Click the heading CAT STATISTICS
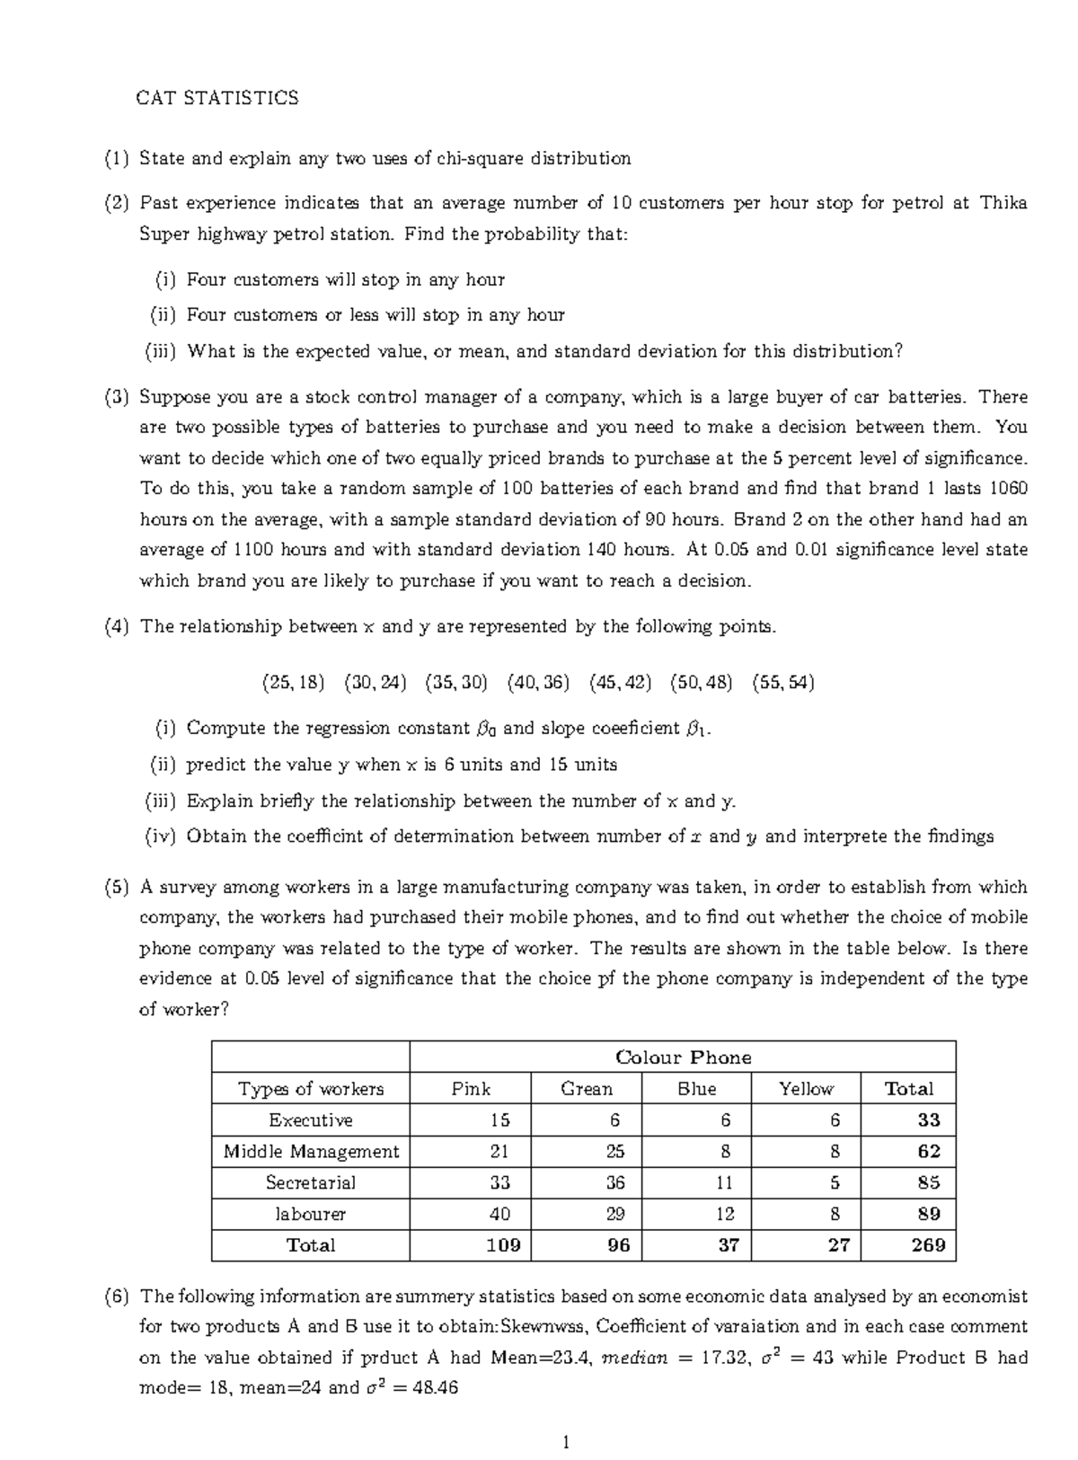(216, 98)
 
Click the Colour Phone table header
(683, 1057)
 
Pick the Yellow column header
(806, 1089)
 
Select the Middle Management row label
(311, 1152)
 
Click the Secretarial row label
(311, 1183)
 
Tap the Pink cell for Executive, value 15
(499, 1120)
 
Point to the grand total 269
(928, 1245)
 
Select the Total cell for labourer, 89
(929, 1214)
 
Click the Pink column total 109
(502, 1245)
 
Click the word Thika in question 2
(1003, 203)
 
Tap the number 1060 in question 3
(1008, 489)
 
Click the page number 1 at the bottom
(566, 1444)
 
